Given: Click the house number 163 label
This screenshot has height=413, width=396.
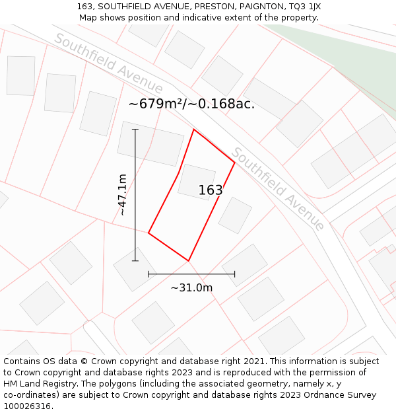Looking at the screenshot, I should point(211,190).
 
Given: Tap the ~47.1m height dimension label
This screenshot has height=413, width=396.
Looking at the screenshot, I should point(122,195).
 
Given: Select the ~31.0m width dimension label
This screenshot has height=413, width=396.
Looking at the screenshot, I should point(191,287).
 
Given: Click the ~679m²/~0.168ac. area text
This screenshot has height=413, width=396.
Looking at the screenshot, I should point(191,104).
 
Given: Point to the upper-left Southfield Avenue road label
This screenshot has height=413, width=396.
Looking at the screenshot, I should point(108,63).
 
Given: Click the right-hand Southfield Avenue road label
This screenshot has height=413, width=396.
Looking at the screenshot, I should point(278,188).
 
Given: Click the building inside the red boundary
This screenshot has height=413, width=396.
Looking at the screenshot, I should point(197,181).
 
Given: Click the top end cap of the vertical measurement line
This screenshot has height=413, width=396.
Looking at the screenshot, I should point(135,130).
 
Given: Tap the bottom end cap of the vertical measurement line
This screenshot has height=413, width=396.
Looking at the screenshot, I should point(135,260).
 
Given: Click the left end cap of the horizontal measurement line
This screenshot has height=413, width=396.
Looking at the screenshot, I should point(148,274).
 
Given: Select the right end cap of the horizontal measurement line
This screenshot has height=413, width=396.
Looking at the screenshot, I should point(234,274).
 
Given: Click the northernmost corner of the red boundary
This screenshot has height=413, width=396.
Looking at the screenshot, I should point(194,130).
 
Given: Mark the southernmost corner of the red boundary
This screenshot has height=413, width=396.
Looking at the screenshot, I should point(189,260).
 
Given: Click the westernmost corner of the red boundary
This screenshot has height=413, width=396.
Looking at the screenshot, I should point(148,233).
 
